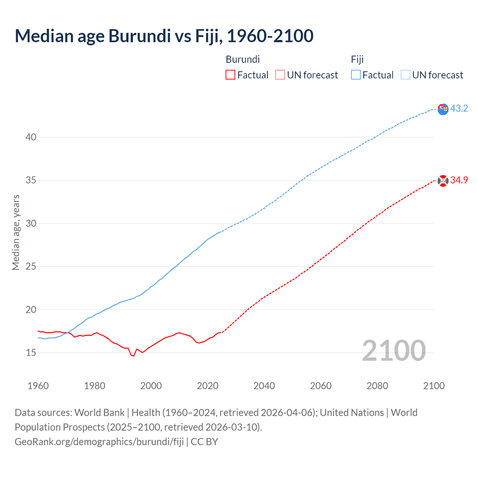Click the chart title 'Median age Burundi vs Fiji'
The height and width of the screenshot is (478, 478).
164,36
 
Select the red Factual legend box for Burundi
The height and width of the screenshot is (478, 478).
230,75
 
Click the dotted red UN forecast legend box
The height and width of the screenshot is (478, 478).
280,75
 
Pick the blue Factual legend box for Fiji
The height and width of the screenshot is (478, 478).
356,75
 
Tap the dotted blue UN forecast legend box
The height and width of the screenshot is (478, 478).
406,75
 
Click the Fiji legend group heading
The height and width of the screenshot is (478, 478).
357,59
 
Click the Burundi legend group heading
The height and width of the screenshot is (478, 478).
243,59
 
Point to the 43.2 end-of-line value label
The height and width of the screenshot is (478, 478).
459,109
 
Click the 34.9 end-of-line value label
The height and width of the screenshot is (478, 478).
459,180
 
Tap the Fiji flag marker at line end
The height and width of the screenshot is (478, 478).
443,109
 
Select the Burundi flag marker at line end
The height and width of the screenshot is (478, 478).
443,181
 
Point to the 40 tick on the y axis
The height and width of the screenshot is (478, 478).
31,137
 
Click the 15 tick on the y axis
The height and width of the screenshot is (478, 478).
31,353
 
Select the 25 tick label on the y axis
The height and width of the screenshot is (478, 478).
31,267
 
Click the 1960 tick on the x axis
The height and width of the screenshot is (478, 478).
38,386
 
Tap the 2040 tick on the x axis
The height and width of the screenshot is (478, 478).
264,386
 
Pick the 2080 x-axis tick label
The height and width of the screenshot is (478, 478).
377,386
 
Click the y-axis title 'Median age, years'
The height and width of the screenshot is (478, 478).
16,232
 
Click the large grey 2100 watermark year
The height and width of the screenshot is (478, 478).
394,351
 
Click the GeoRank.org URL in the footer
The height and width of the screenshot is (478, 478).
99,442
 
